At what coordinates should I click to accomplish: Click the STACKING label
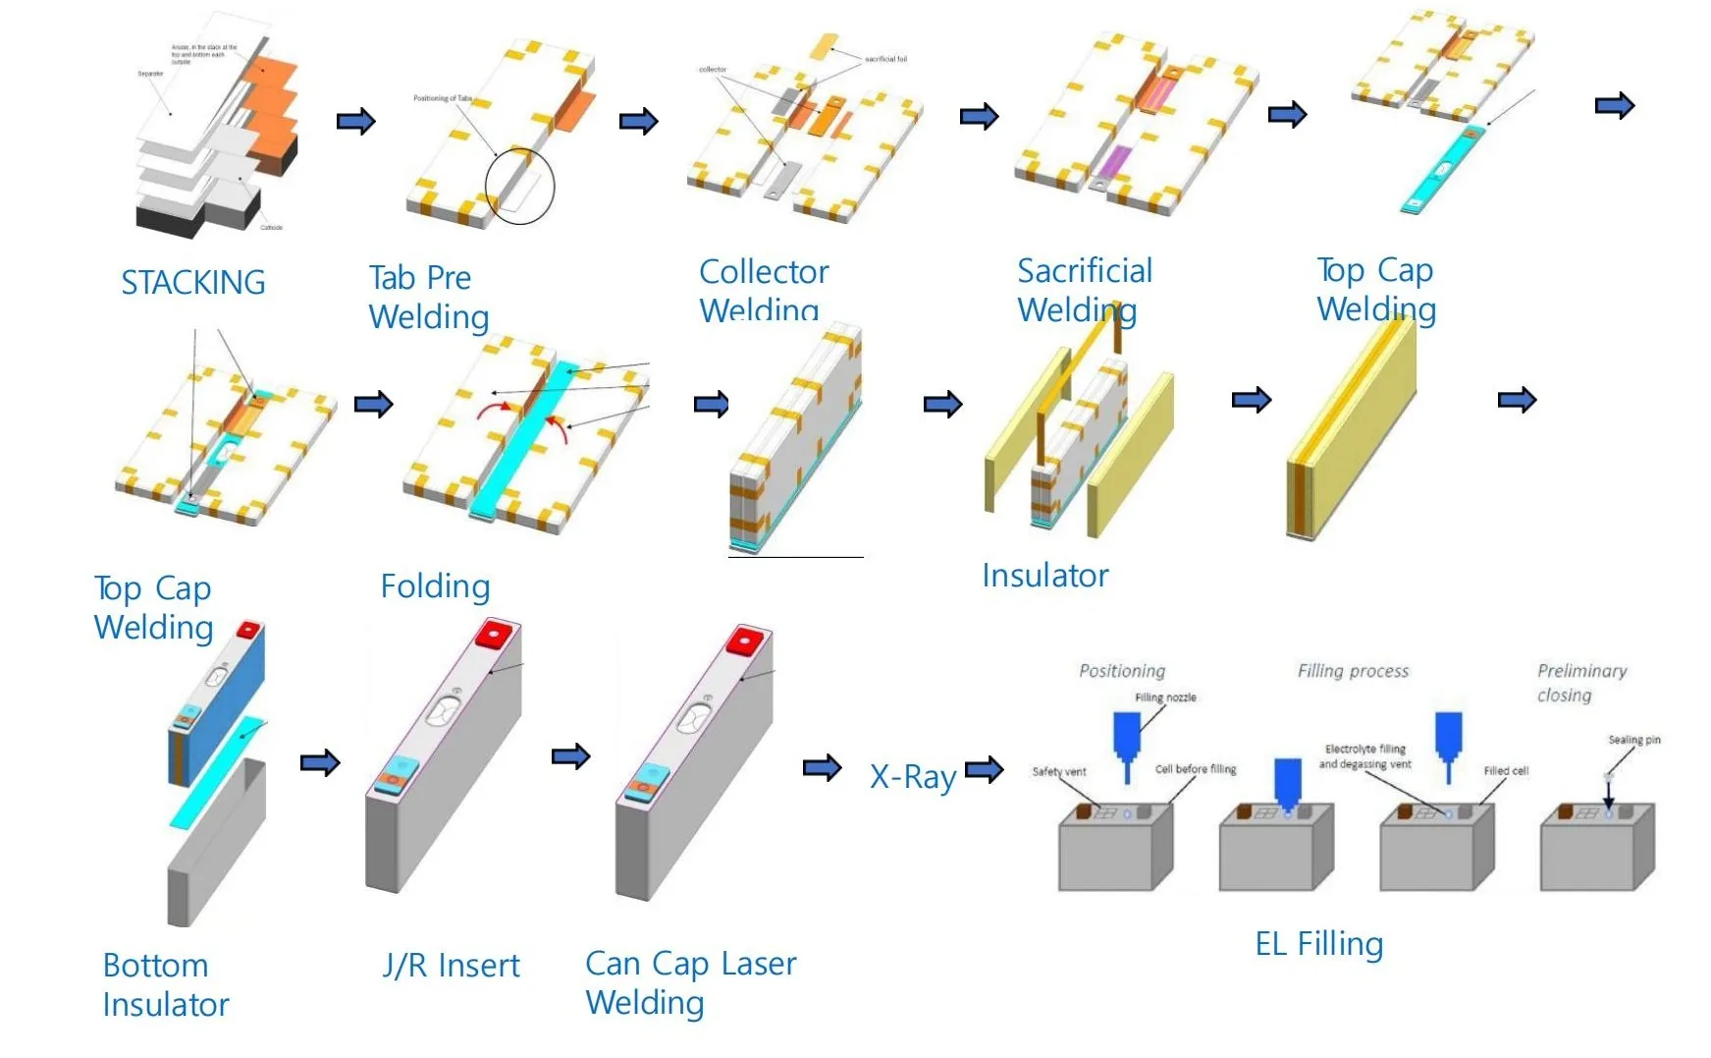coord(192,283)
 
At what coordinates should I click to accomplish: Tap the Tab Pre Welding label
coord(428,298)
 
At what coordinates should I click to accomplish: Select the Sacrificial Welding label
coord(1084,290)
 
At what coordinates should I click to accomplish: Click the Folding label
coord(435,586)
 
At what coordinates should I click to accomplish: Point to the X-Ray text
coord(912,777)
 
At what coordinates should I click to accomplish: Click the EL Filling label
coord(1318,944)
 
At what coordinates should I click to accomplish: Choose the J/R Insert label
coord(451,966)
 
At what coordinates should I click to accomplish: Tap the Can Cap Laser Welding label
coord(690,982)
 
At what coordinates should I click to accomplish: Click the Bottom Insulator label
coord(165,984)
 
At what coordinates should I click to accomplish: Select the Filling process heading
coord(1353,671)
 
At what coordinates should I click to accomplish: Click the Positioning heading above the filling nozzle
coord(1121,671)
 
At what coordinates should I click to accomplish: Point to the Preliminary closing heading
coord(1580,683)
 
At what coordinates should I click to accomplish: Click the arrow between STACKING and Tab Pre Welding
coord(355,122)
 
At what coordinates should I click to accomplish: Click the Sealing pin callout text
coord(1633,740)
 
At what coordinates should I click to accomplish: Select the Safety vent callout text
coord(1058,771)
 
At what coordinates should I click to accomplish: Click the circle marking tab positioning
coord(519,186)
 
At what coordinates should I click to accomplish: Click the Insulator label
coord(1044,576)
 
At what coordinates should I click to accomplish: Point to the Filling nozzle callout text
coord(1165,697)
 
